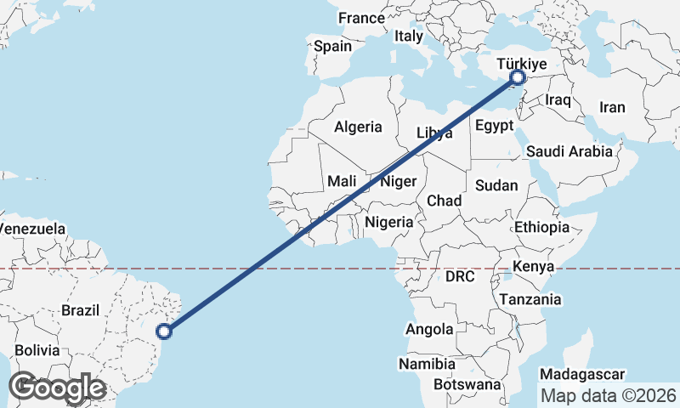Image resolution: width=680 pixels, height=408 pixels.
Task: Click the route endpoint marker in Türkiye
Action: [518, 78]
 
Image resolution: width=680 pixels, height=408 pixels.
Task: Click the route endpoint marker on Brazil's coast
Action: [166, 331]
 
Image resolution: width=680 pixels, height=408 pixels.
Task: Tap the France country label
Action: [361, 18]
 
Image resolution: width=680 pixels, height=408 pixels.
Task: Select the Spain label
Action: [331, 46]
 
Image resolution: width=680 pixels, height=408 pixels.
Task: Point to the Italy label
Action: [408, 37]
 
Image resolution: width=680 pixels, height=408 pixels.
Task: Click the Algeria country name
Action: [358, 127]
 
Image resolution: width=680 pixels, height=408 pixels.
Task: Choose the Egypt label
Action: [495, 126]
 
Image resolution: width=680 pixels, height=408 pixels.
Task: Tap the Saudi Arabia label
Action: [569, 151]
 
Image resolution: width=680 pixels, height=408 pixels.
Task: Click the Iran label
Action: [612, 107]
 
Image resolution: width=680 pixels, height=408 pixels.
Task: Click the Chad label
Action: [444, 201]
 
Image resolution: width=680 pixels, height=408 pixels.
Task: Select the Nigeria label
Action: [388, 222]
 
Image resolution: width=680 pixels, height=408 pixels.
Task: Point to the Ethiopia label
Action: [541, 227]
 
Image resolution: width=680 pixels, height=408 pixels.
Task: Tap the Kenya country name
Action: [534, 267]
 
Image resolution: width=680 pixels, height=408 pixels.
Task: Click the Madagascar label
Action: [583, 374]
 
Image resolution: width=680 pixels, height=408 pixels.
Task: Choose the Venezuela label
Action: [32, 229]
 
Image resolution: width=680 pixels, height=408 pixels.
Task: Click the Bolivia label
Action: [37, 349]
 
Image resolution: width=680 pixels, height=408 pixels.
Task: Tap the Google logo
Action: [58, 388]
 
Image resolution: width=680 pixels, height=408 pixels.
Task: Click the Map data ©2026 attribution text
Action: [609, 395]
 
